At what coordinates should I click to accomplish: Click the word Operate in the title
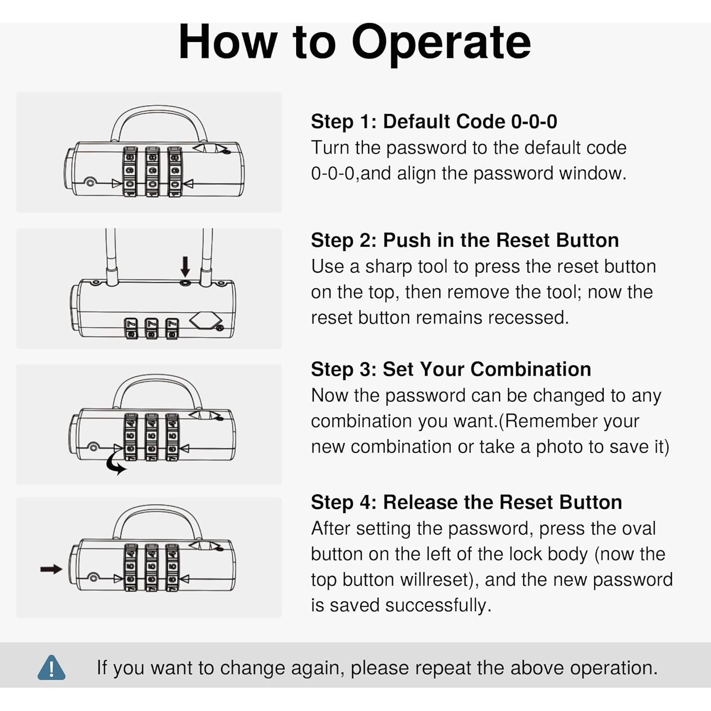441,43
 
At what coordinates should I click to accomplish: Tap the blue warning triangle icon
51,667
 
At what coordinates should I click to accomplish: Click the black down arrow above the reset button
185,266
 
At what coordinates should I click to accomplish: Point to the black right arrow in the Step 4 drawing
51,569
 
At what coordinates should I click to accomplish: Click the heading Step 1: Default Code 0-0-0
434,122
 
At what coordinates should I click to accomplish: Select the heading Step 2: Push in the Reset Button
465,240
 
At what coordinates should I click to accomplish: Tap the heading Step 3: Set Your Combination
451,369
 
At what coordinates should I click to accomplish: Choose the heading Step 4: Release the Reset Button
466,502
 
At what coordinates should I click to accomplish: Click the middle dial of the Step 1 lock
152,171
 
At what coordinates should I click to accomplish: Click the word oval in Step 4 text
638,529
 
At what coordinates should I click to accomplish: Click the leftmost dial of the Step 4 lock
131,567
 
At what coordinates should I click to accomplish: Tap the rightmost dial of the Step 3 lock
172,437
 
